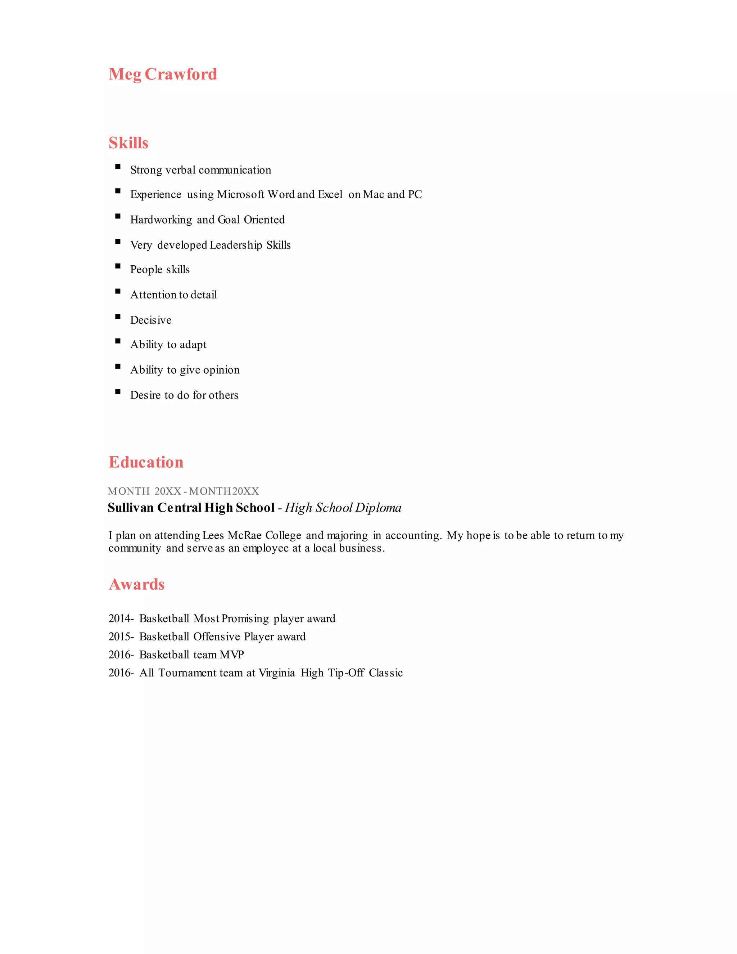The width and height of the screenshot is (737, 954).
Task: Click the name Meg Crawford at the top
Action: click(x=162, y=74)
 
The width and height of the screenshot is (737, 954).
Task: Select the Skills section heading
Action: click(x=128, y=143)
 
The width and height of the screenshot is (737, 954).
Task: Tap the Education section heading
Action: click(x=146, y=462)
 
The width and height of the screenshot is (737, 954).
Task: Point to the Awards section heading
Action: click(x=136, y=584)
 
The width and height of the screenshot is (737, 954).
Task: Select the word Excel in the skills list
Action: click(x=330, y=194)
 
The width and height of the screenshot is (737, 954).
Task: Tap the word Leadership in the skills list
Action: click(x=236, y=245)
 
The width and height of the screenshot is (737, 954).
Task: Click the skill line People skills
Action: click(x=160, y=270)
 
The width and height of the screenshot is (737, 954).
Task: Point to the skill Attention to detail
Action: click(x=173, y=295)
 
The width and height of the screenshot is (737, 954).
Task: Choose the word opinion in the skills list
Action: click(x=222, y=370)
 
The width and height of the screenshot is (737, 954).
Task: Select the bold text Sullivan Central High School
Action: click(x=191, y=508)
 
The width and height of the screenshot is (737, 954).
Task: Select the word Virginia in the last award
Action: click(x=277, y=673)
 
